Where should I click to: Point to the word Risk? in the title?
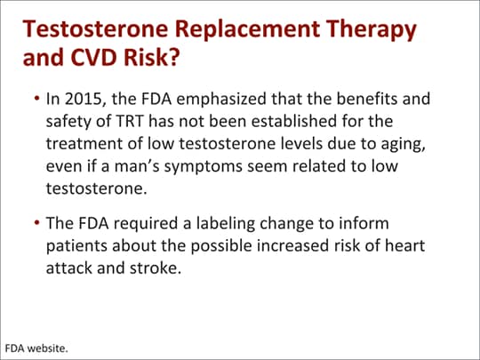[151, 58]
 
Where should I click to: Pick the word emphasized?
[221, 100]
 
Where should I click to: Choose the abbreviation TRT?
[130, 121]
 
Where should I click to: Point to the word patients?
[76, 246]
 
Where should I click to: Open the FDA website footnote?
[36, 348]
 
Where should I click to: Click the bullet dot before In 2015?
[37, 99]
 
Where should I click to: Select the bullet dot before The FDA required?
[37, 223]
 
